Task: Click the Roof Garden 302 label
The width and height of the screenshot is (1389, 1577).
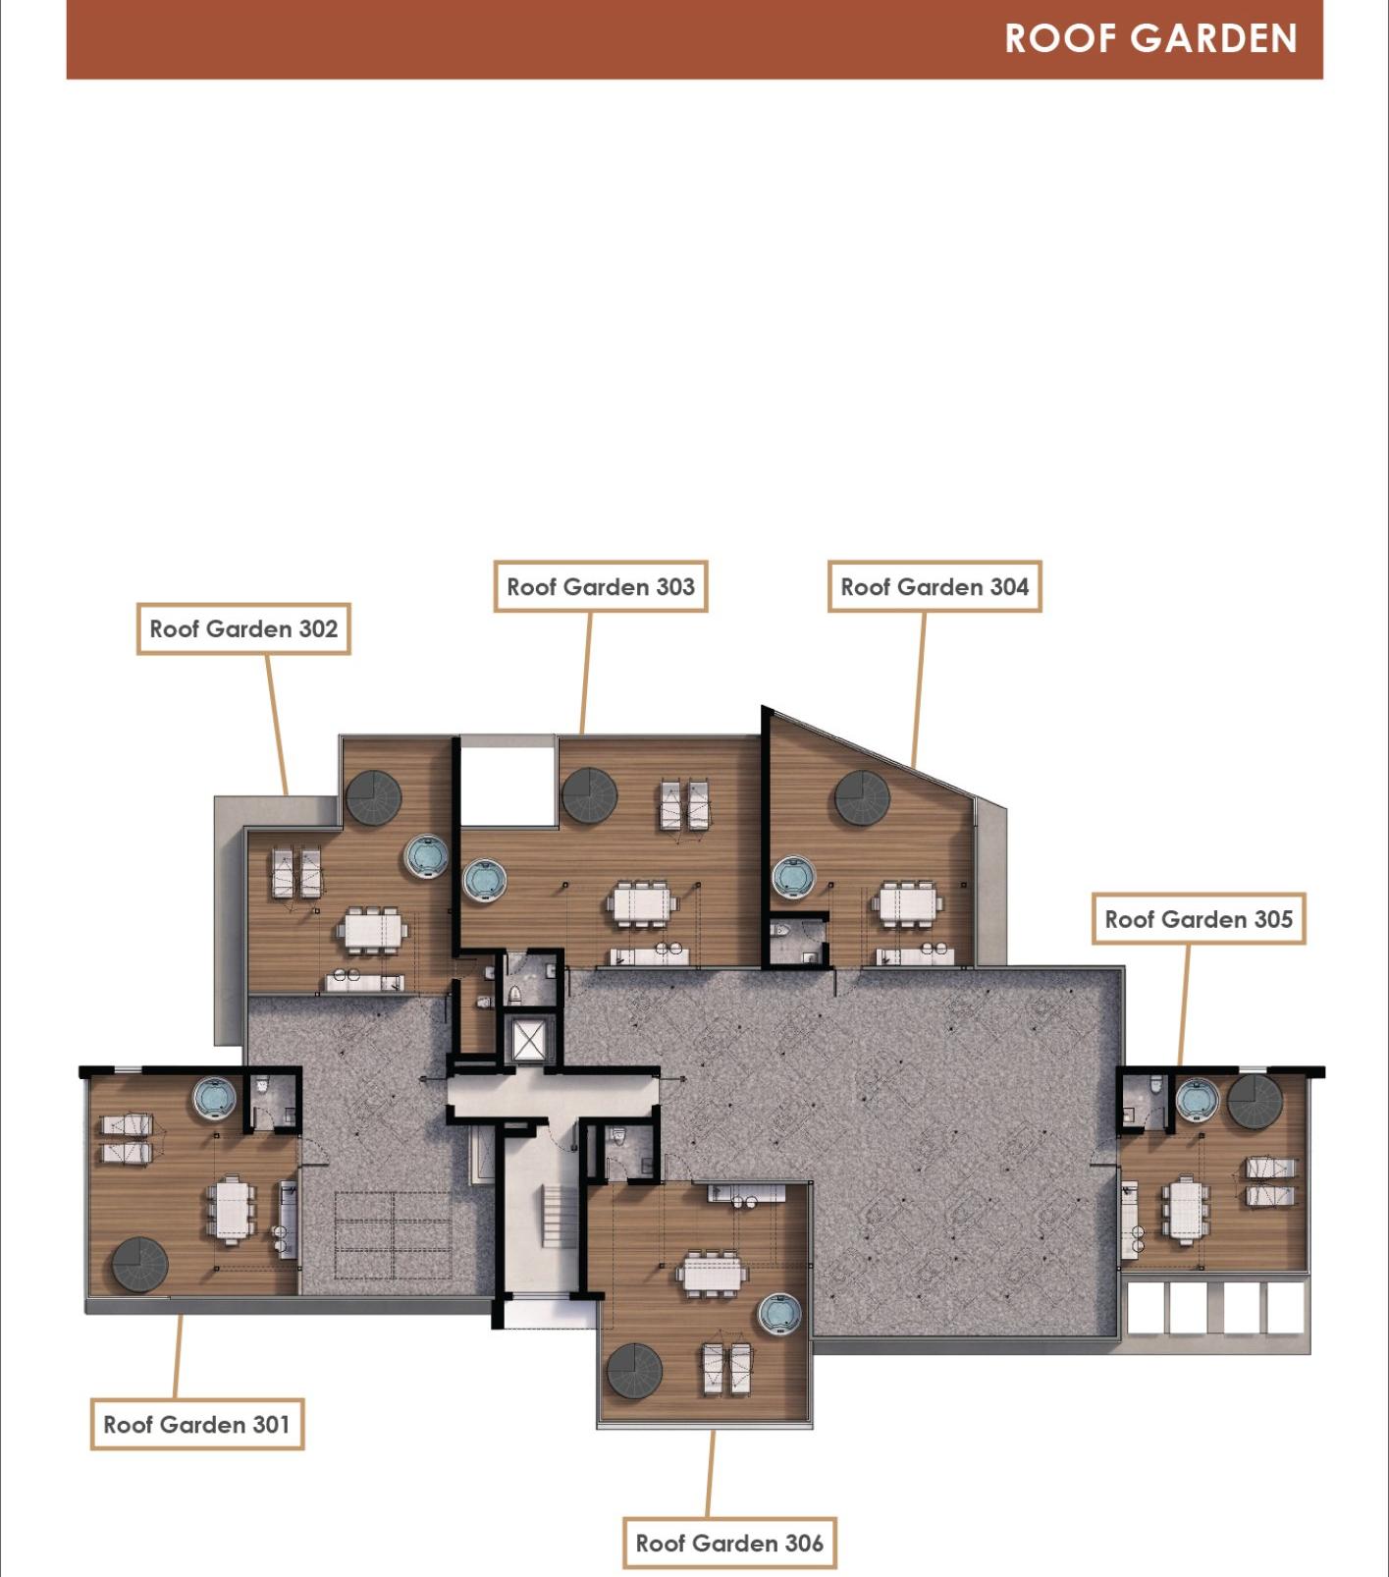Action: [x=243, y=629]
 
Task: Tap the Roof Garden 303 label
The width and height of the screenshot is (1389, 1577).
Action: [x=601, y=587]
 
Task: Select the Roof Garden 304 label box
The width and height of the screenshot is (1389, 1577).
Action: [x=935, y=587]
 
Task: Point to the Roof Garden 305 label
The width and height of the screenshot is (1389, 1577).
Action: [x=1199, y=919]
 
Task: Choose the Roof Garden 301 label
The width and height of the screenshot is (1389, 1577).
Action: [x=196, y=1425]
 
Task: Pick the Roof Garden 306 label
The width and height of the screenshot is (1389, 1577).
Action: [x=729, y=1544]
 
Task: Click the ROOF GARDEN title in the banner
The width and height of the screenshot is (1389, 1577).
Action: [x=1150, y=38]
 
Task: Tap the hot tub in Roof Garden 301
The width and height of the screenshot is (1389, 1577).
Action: [x=214, y=1099]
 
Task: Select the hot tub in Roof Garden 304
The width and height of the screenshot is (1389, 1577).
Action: [x=794, y=878]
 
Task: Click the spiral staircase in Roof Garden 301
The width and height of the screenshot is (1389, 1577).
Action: [x=140, y=1266]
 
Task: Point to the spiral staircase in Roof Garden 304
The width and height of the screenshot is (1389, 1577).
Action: [x=863, y=798]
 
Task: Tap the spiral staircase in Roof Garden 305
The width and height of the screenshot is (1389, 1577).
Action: [x=1255, y=1102]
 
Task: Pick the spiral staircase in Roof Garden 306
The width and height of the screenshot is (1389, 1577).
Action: [x=634, y=1371]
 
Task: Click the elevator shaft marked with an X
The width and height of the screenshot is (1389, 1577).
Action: [x=529, y=1043]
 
